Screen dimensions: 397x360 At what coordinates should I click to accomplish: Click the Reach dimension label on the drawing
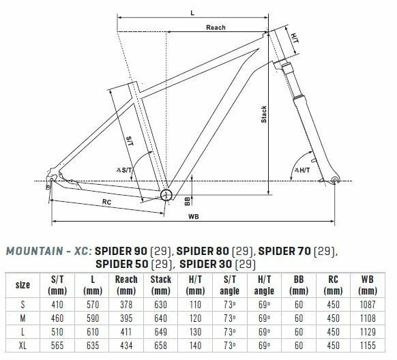(216, 27)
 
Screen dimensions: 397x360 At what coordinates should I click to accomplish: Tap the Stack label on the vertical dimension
(264, 115)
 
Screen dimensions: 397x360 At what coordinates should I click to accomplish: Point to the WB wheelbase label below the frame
(194, 217)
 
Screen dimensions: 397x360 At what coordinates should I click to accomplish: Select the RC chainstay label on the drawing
(106, 202)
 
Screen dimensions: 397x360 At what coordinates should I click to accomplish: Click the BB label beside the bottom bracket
(187, 201)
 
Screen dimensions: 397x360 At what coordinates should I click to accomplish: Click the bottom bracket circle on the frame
(166, 195)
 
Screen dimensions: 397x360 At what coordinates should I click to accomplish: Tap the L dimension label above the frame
(192, 13)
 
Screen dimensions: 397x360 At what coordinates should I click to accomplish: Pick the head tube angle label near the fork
(302, 170)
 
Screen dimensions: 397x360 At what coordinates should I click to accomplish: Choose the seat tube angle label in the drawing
(124, 170)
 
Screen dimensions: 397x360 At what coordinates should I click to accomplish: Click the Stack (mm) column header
(161, 285)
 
